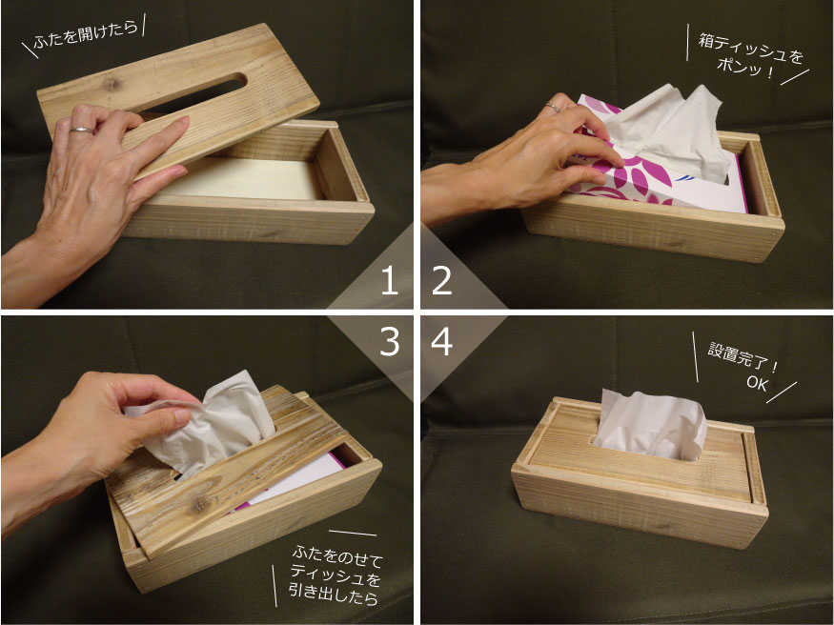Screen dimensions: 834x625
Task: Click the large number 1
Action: (x=390, y=280)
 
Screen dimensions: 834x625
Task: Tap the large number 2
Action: (x=441, y=280)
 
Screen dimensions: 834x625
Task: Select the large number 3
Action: (x=389, y=341)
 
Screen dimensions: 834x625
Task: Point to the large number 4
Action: (x=441, y=341)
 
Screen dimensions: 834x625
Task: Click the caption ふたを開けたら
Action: (x=85, y=33)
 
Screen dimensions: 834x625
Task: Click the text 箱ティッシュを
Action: (x=750, y=49)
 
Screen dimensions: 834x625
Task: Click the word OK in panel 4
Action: (x=757, y=383)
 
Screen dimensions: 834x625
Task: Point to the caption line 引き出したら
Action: (x=334, y=593)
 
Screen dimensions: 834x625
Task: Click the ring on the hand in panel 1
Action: (x=82, y=130)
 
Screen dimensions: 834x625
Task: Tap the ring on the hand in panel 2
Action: (x=552, y=108)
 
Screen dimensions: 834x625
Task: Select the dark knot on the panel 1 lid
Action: (x=111, y=84)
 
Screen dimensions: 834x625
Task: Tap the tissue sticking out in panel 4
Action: (x=650, y=425)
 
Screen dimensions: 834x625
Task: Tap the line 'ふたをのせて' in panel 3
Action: (x=337, y=555)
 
